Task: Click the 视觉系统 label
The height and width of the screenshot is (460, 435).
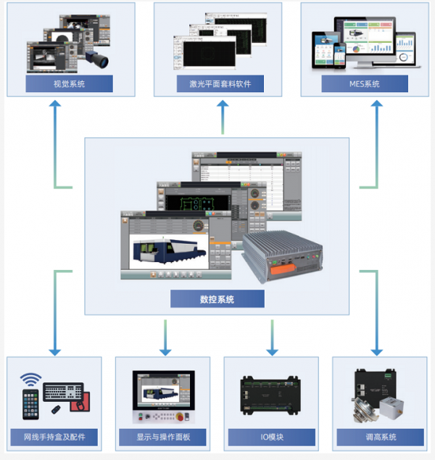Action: click(69, 84)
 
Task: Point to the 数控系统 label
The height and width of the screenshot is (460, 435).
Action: click(217, 299)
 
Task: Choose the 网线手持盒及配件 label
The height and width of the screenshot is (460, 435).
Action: click(54, 438)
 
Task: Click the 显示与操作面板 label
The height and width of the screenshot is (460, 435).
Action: click(162, 438)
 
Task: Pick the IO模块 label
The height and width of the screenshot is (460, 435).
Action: click(271, 438)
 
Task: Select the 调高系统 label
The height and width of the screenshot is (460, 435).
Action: click(380, 438)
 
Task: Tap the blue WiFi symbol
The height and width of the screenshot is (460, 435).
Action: click(30, 379)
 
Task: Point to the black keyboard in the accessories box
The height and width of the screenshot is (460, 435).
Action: click(63, 392)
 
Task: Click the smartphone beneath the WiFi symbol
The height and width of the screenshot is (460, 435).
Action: click(30, 404)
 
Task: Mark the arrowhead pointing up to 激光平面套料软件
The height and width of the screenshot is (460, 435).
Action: click(223, 106)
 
